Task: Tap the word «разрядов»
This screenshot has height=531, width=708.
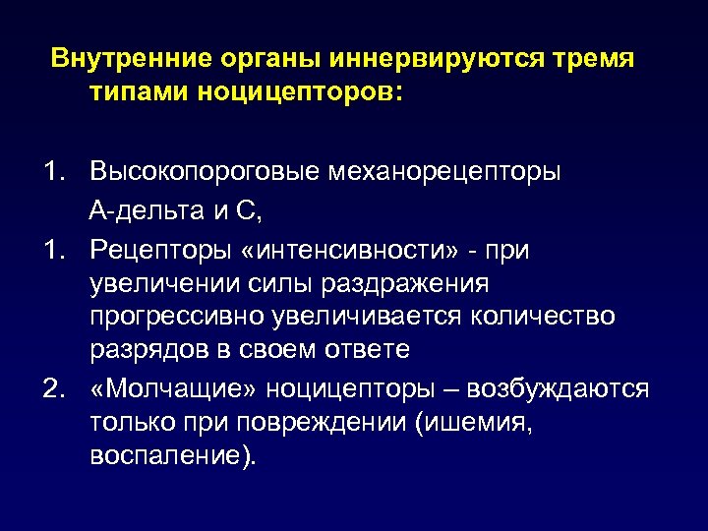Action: click(140, 351)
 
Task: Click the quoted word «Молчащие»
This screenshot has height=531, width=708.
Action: click(167, 388)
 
